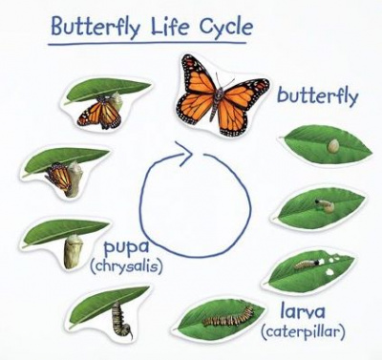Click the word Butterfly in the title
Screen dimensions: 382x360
[x=95, y=26]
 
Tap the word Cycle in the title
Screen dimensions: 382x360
[x=226, y=27]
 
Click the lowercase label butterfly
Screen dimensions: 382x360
[x=318, y=95]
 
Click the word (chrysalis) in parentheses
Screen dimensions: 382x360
[x=126, y=265]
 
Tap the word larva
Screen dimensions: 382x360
[x=303, y=311]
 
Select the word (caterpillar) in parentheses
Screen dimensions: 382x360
[x=303, y=332]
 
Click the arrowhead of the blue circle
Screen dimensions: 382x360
[x=183, y=154]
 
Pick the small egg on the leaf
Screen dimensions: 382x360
[x=333, y=146]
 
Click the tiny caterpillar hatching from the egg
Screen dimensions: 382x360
[x=325, y=205]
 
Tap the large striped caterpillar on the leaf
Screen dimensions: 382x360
[x=228, y=316]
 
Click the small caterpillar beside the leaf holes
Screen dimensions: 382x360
[x=307, y=264]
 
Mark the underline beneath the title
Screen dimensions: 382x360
[x=147, y=43]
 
